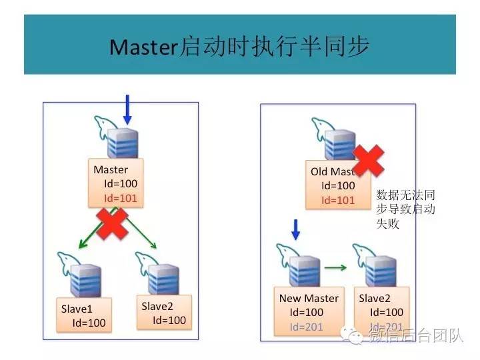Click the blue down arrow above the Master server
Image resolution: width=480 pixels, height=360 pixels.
pos(128,109)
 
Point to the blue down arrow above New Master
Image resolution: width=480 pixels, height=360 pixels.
pos(297,230)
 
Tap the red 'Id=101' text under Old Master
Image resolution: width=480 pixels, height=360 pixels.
pos(338,200)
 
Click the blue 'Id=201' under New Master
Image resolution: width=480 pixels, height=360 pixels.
pos(306,327)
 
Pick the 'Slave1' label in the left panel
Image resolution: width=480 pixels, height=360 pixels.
pos(77,308)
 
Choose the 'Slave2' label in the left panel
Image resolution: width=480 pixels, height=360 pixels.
pos(158,305)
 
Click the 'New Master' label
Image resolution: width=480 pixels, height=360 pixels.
pos(309,298)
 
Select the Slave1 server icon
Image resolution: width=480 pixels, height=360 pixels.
pos(85,280)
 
